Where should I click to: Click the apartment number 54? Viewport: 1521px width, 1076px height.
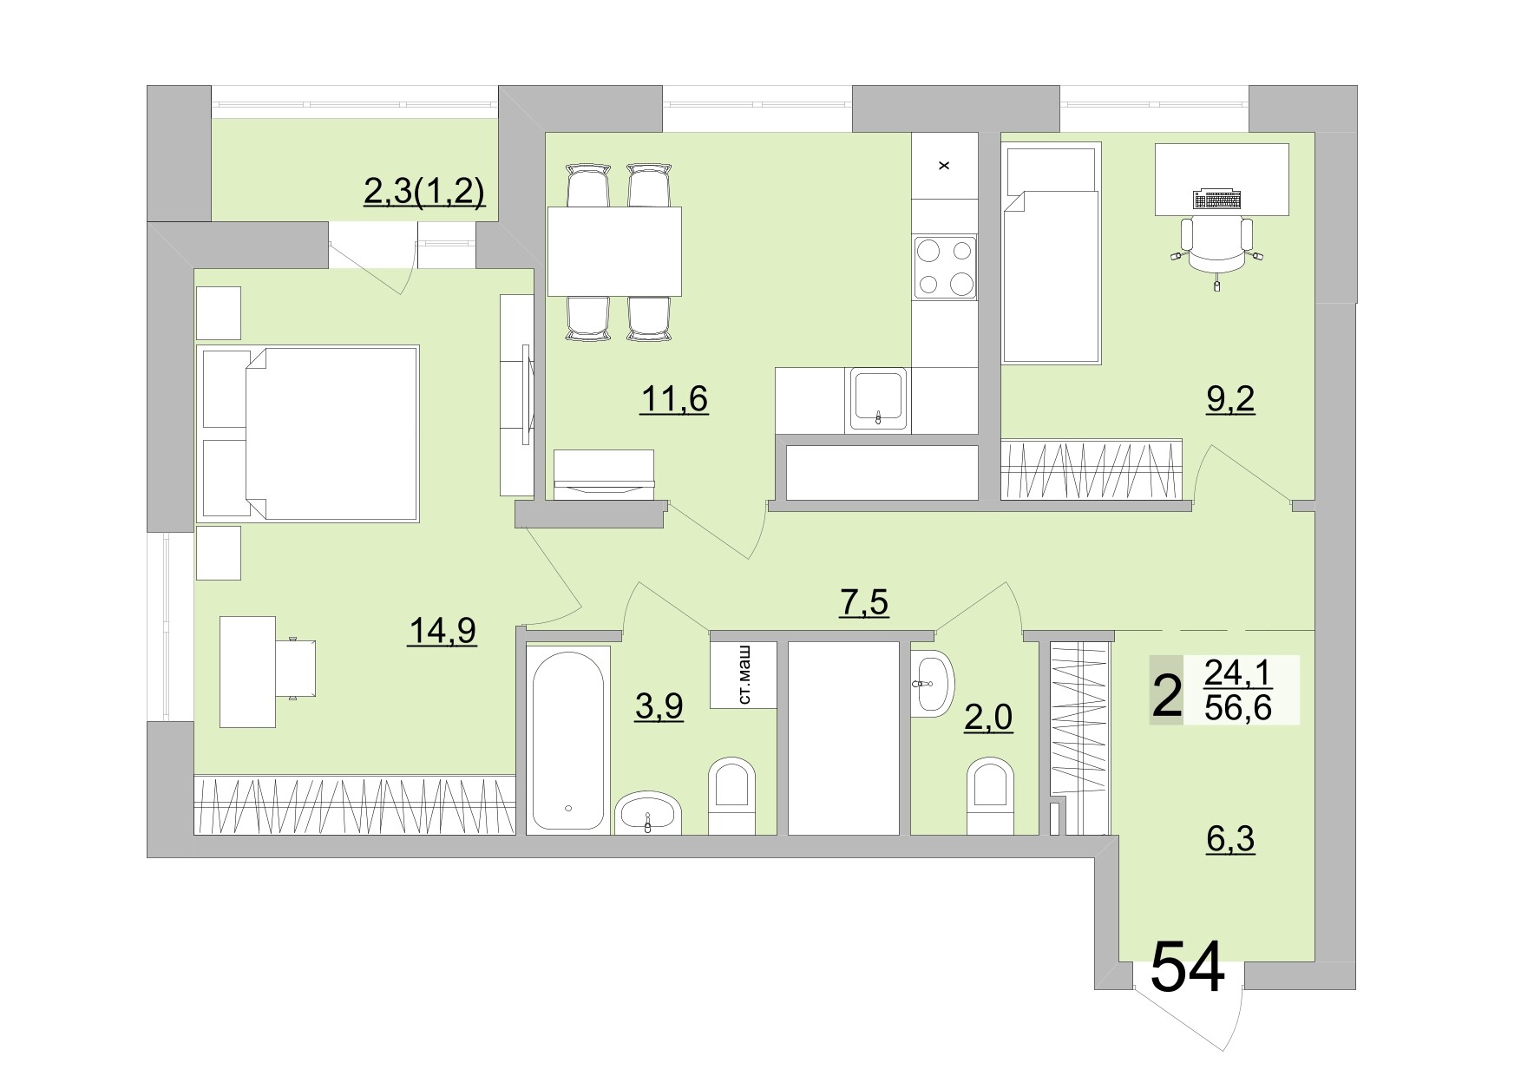click(1188, 966)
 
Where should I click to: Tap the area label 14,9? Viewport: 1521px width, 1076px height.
click(442, 631)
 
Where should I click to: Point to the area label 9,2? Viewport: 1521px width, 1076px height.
click(1230, 400)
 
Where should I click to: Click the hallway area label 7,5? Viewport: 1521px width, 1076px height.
click(864, 601)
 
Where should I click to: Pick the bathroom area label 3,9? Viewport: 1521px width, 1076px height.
click(659, 706)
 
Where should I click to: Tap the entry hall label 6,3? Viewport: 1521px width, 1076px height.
click(1230, 839)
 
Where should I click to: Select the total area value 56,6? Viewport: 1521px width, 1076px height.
click(1238, 709)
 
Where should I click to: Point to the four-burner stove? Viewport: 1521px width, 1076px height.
click(945, 267)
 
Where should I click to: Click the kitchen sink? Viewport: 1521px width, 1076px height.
click(879, 399)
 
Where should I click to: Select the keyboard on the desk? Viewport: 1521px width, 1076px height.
click(1217, 200)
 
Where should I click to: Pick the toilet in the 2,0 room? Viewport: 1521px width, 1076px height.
click(989, 795)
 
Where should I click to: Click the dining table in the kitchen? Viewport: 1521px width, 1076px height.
click(614, 251)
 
